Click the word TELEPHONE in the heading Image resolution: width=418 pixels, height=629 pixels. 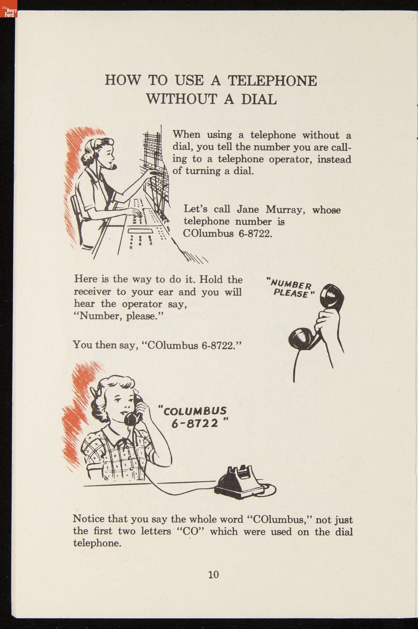pos(272,81)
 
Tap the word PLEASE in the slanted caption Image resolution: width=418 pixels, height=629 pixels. pos(291,293)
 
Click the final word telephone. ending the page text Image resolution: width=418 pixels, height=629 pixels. pos(97,543)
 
